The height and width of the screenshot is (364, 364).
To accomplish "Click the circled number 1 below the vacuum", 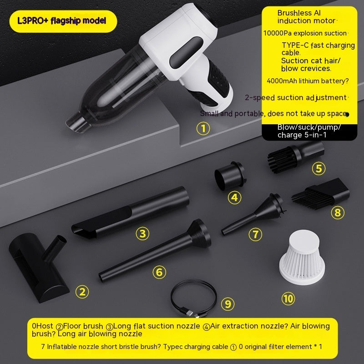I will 203,129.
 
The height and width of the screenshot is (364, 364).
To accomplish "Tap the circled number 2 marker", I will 82,292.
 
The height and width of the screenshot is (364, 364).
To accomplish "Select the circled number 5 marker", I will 318,169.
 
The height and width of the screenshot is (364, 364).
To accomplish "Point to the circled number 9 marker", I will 228,303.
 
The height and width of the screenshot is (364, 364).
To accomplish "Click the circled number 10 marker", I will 288,298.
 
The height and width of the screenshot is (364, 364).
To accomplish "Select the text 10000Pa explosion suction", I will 305,33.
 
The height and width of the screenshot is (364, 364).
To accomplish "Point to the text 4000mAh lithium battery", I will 308,81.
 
